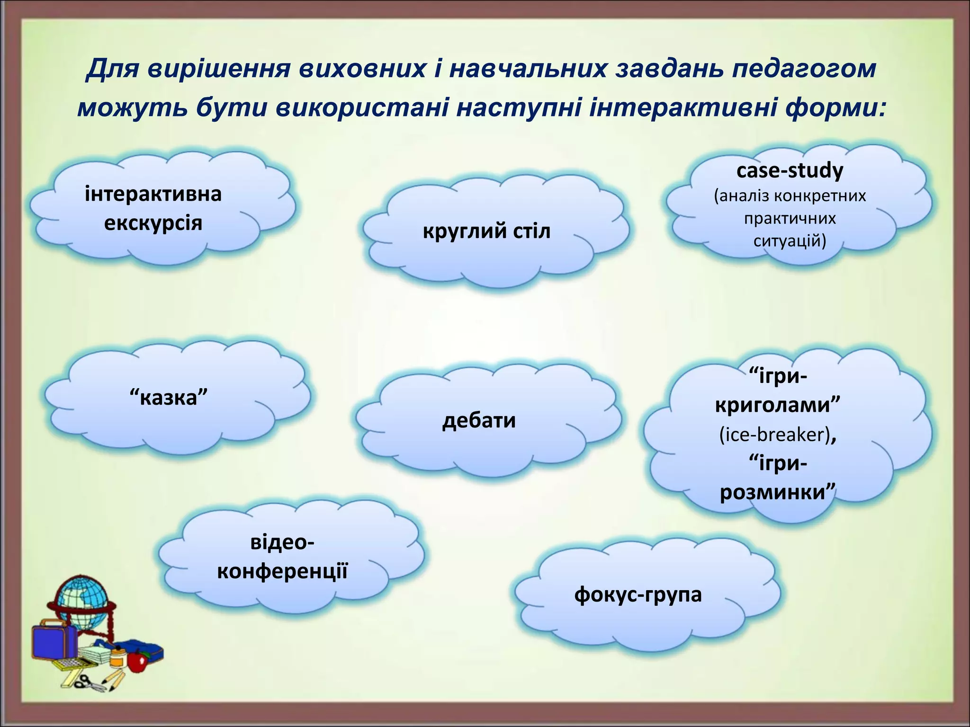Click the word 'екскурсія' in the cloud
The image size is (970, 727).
point(153,222)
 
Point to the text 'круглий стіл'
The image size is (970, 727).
point(486,231)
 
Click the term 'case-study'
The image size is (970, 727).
point(790,170)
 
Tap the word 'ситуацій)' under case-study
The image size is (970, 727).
point(790,241)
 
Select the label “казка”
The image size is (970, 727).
point(169,397)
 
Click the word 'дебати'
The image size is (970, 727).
point(479,420)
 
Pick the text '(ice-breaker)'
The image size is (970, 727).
point(775,434)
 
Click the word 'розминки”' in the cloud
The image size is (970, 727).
point(777,492)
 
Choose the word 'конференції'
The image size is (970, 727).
point(282,571)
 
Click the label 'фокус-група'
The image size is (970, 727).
point(638,594)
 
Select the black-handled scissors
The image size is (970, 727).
point(87,684)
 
